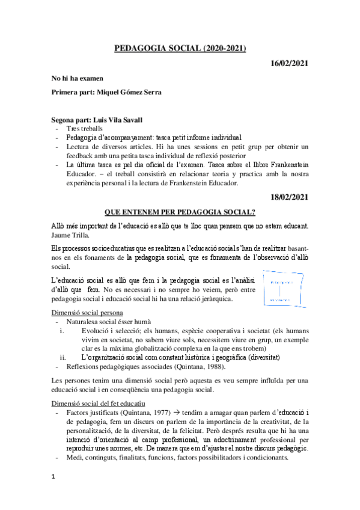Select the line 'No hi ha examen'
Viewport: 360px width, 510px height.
click(78, 78)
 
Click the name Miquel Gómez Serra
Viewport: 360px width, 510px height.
click(126, 92)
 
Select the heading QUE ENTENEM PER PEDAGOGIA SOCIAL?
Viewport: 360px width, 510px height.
click(180, 212)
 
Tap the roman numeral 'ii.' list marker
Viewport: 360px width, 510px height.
click(63, 357)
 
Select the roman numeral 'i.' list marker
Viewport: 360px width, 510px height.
click(62, 331)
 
